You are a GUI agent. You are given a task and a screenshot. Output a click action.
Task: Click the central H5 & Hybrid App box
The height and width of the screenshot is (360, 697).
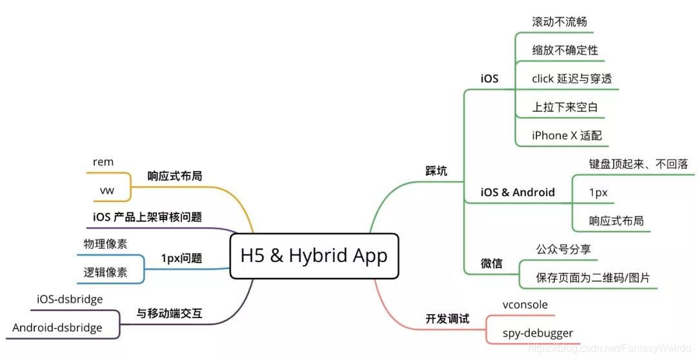coord(314,255)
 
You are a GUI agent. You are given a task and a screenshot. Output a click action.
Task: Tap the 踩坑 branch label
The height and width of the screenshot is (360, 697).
coord(437,171)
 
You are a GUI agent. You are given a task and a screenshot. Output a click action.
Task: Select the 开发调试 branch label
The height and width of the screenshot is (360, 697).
coord(447,319)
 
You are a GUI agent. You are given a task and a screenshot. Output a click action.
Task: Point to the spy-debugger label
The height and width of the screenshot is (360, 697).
coord(538,334)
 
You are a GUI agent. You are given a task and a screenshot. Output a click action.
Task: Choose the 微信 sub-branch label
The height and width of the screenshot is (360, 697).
coord(492,264)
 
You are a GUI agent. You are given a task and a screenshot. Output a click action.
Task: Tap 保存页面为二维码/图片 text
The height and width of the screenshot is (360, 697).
coord(592,278)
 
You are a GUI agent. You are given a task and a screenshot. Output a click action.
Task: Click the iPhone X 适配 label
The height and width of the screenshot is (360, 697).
coord(567,135)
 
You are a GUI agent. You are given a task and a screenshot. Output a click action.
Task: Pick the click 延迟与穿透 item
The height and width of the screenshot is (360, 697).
coord(571,79)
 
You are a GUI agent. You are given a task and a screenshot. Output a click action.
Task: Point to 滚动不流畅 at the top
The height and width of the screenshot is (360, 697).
coord(559,21)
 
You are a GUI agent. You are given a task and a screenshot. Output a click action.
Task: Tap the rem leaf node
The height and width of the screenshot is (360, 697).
coord(103,162)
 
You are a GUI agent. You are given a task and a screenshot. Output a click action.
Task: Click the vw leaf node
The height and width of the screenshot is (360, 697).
coord(106,191)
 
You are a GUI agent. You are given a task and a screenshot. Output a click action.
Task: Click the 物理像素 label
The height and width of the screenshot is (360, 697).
coord(105,244)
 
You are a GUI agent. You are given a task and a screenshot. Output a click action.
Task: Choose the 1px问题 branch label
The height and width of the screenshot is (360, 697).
coord(181,259)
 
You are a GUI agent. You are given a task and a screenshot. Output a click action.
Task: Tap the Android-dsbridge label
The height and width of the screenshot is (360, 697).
coord(57,328)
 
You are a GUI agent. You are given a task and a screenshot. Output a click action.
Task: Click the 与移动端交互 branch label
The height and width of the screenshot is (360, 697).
coord(169,314)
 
